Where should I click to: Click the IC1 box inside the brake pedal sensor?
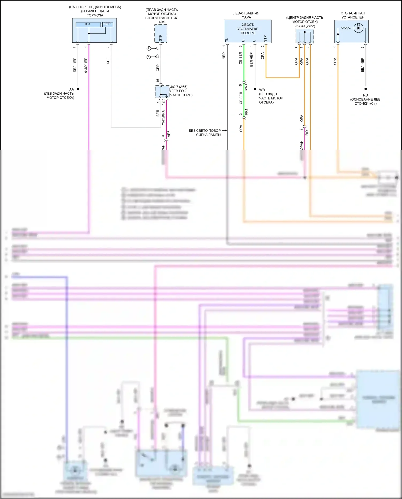(88, 24)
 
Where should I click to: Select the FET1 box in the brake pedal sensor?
(107, 24)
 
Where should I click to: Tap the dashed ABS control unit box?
(161, 34)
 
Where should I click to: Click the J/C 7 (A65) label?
(179, 87)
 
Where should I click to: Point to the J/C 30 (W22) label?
(305, 26)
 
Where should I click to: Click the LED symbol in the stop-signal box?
(358, 28)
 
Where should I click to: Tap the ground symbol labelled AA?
(78, 90)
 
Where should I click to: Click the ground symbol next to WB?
(255, 90)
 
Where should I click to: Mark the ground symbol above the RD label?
(366, 90)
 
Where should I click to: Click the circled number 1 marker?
(149, 49)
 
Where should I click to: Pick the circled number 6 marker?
(149, 57)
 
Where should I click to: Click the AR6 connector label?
(169, 134)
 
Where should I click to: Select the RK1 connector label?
(246, 112)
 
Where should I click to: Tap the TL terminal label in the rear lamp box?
(227, 40)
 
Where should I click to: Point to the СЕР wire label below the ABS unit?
(158, 68)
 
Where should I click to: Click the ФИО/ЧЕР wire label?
(86, 65)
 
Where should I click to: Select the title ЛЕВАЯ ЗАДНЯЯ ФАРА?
(246, 15)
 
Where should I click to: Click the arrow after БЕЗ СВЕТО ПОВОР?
(224, 131)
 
